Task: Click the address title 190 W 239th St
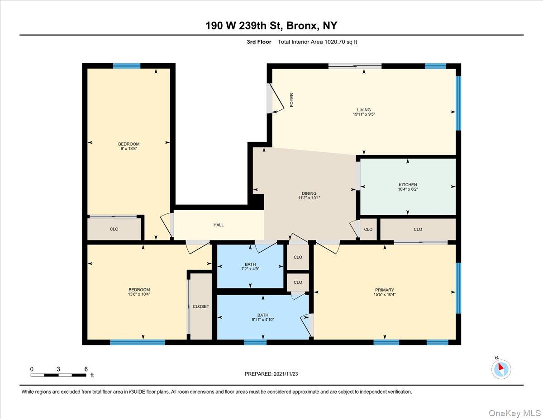(271, 25)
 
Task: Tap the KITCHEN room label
(408, 184)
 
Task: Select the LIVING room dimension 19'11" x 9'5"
(364, 115)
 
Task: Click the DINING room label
(309, 193)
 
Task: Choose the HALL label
(219, 225)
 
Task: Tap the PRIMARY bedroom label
(384, 290)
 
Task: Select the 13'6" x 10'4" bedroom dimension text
(139, 294)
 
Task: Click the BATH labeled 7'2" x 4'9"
(250, 264)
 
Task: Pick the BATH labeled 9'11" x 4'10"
(263, 315)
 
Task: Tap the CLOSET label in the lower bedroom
(201, 306)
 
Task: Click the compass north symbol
(500, 368)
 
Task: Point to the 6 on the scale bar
(86, 369)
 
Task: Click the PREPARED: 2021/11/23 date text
(271, 374)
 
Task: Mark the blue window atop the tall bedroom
(127, 66)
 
